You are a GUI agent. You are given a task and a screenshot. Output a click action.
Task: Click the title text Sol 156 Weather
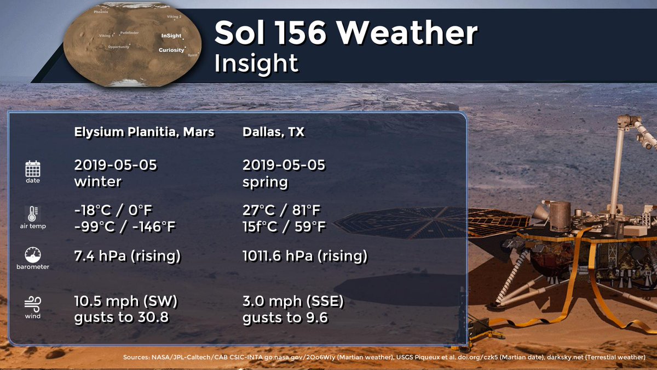point(345,34)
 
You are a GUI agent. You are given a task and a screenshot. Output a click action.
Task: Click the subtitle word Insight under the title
point(256,64)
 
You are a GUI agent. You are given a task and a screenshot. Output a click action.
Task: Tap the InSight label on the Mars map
point(171,36)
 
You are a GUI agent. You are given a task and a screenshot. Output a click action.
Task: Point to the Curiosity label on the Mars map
point(171,50)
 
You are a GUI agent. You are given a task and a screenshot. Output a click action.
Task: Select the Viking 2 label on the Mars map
point(174,17)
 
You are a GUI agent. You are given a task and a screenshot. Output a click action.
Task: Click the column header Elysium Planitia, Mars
point(144,132)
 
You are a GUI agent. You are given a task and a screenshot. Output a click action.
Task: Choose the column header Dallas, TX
point(274,132)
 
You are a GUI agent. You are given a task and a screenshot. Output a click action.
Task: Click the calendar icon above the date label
point(33,168)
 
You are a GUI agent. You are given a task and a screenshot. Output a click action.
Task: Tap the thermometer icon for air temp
point(33,213)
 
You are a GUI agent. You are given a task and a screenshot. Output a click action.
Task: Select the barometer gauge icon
point(33,254)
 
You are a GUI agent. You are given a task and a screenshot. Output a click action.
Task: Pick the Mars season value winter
point(97,181)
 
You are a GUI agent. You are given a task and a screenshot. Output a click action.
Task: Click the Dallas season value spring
point(265,181)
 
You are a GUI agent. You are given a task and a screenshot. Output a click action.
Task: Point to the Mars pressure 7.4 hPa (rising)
point(127,255)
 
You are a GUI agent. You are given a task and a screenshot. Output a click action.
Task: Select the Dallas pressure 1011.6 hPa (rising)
point(304,255)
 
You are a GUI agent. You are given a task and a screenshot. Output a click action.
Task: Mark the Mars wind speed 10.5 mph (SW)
point(126,302)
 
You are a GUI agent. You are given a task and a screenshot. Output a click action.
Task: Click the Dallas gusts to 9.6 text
point(285,317)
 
